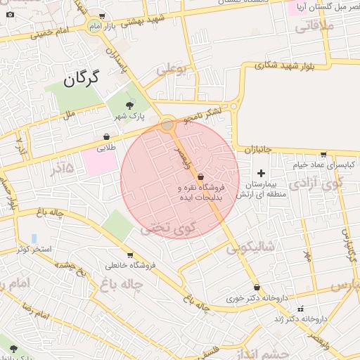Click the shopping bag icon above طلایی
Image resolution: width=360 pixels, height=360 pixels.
(x=106, y=137)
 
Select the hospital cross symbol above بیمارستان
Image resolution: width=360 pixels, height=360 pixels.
(x=261, y=173)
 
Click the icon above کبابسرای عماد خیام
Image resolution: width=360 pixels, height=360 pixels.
(x=323, y=155)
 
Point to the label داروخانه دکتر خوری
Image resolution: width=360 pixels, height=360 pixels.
(x=257, y=298)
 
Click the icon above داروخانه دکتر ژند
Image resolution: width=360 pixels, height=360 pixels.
(x=301, y=309)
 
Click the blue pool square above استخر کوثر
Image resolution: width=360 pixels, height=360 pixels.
(x=34, y=238)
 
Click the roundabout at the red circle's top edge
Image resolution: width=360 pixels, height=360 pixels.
(x=167, y=125)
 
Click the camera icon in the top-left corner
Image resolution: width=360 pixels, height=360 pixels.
(x=10, y=15)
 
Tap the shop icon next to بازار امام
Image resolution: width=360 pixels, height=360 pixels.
(x=103, y=16)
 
